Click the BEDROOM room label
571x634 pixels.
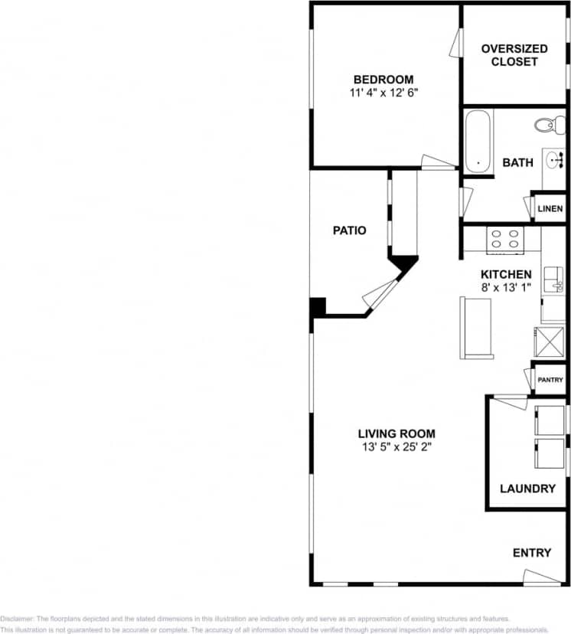coord(383,80)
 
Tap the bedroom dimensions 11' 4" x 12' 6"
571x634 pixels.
coord(383,92)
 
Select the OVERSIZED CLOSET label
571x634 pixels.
coord(514,55)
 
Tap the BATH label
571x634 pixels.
coord(517,162)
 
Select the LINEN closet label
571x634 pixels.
coord(550,209)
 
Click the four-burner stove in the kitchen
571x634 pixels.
coord(504,240)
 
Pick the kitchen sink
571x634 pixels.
coord(552,282)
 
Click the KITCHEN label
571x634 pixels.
coord(505,274)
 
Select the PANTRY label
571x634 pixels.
coord(550,380)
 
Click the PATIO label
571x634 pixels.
coord(349,230)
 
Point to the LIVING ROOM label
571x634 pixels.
coord(396,434)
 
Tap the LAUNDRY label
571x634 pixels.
coord(527,489)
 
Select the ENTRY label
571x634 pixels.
coord(531,553)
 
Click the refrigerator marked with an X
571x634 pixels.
coord(550,341)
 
